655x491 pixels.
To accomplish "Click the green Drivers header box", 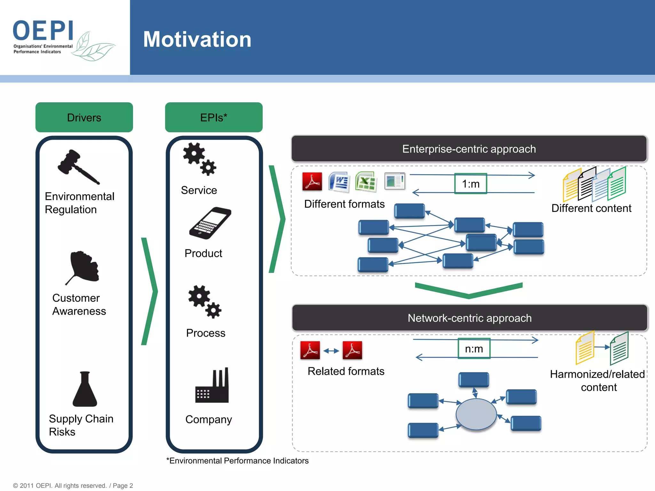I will [x=84, y=117].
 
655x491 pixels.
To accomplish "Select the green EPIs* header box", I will [x=214, y=117].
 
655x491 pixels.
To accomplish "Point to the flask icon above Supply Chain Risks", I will [x=85, y=389].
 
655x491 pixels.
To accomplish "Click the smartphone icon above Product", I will [x=210, y=223].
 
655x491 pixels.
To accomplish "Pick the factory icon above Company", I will [x=212, y=386].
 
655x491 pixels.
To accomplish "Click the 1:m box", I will [x=470, y=184].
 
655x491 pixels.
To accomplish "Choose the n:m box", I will [x=474, y=349].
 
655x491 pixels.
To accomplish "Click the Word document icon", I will [x=339, y=182].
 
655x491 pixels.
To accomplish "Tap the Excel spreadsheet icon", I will [x=366, y=182].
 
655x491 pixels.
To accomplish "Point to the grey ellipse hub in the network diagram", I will [x=476, y=414].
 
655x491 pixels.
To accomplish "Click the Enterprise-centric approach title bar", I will [x=469, y=149].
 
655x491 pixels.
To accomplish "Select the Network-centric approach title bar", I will [x=470, y=318].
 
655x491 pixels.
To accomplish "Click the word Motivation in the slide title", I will [x=197, y=39].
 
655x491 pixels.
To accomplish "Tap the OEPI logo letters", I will [x=43, y=31].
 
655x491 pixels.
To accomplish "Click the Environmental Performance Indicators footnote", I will [x=237, y=461].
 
